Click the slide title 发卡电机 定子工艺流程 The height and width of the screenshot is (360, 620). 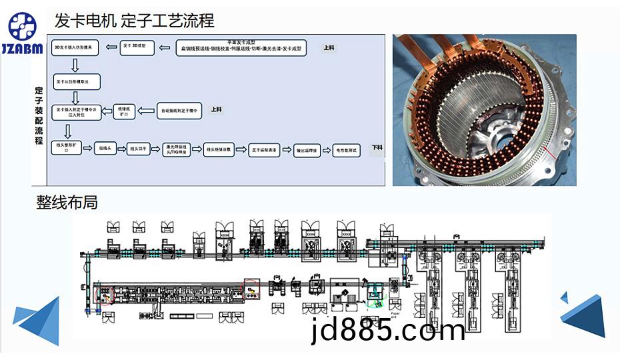pyautogui.click(x=134, y=21)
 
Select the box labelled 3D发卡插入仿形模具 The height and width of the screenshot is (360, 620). pyautogui.click(x=76, y=49)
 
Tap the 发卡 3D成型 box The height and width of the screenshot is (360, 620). pyautogui.click(x=138, y=48)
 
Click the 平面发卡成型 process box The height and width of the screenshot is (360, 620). pyautogui.click(x=242, y=48)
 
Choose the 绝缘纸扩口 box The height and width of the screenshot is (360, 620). pyautogui.click(x=123, y=111)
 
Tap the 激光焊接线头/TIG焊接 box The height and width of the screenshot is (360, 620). pyautogui.click(x=177, y=149)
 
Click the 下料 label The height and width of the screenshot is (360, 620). pyautogui.click(x=377, y=147)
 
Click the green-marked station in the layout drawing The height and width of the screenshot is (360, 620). pyautogui.click(x=375, y=293)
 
